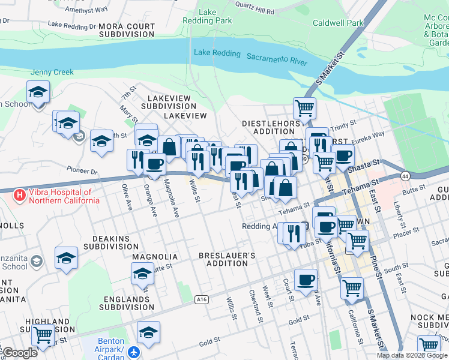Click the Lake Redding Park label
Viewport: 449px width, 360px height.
pos(215,16)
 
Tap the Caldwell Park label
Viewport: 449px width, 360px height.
pos(338,23)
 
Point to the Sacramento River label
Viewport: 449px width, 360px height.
pos(277,59)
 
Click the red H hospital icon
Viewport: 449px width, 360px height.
pos(20,196)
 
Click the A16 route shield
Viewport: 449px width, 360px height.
pos(202,299)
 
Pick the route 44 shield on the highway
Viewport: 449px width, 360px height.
pos(405,176)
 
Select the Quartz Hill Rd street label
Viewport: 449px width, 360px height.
pos(255,11)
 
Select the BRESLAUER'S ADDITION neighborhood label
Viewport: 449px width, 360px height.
pos(227,260)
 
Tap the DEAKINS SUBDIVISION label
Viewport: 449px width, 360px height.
pos(111,242)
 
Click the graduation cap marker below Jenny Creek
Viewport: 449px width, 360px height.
pos(38,92)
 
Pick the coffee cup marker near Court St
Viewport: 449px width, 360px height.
pos(306,280)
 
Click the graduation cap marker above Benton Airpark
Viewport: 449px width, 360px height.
pos(148,332)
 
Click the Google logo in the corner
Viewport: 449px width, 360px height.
pos(20,353)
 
